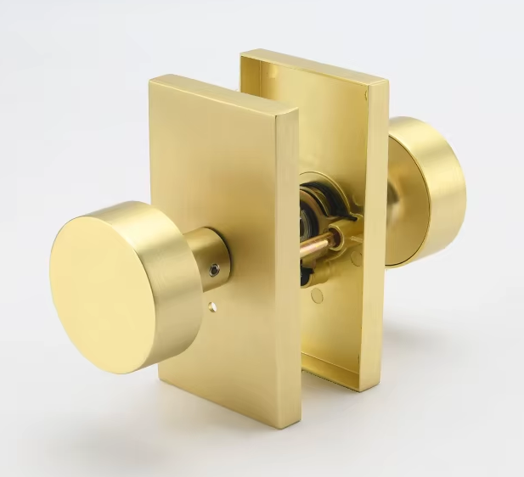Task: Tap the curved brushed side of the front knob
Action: (161, 255)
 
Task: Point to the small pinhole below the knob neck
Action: (212, 306)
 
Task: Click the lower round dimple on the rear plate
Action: (316, 296)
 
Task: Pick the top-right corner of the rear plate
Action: (386, 83)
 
